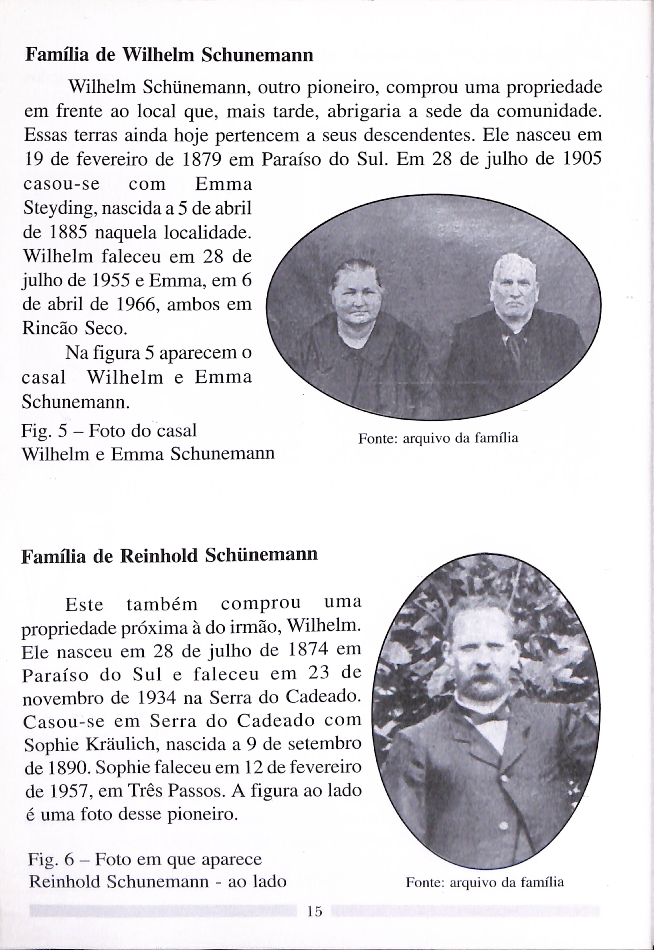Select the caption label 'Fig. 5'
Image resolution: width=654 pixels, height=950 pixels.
click(x=44, y=430)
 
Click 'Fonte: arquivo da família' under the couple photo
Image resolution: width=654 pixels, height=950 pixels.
click(x=438, y=438)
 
